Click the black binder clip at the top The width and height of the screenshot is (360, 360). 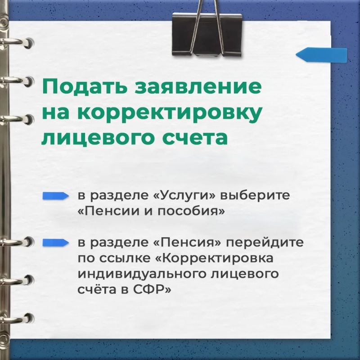pyautogui.click(x=207, y=35)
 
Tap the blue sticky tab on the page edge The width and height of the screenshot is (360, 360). pyautogui.click(x=321, y=55)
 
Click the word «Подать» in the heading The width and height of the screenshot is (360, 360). pyautogui.click(x=84, y=86)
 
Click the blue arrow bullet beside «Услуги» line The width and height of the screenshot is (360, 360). pyautogui.click(x=55, y=196)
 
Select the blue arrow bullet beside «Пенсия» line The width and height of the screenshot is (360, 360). pyautogui.click(x=55, y=243)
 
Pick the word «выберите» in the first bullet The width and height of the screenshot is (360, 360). pyautogui.click(x=255, y=195)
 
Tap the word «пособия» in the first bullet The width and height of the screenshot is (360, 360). pyautogui.click(x=191, y=211)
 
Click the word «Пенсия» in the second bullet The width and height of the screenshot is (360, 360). pyautogui.click(x=187, y=242)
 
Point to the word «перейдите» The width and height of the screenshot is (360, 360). pyautogui.click(x=265, y=242)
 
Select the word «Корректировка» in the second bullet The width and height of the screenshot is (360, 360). pyautogui.click(x=214, y=258)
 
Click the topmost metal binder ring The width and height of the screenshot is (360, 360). pyautogui.click(x=16, y=43)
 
